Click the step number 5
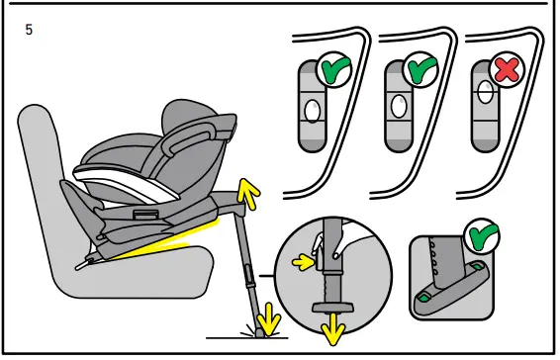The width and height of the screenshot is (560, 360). [x=29, y=30]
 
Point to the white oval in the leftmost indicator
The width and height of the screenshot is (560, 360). [x=312, y=110]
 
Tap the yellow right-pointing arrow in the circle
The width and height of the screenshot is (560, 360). [x=301, y=262]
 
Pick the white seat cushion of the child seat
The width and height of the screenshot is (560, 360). [x=119, y=183]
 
